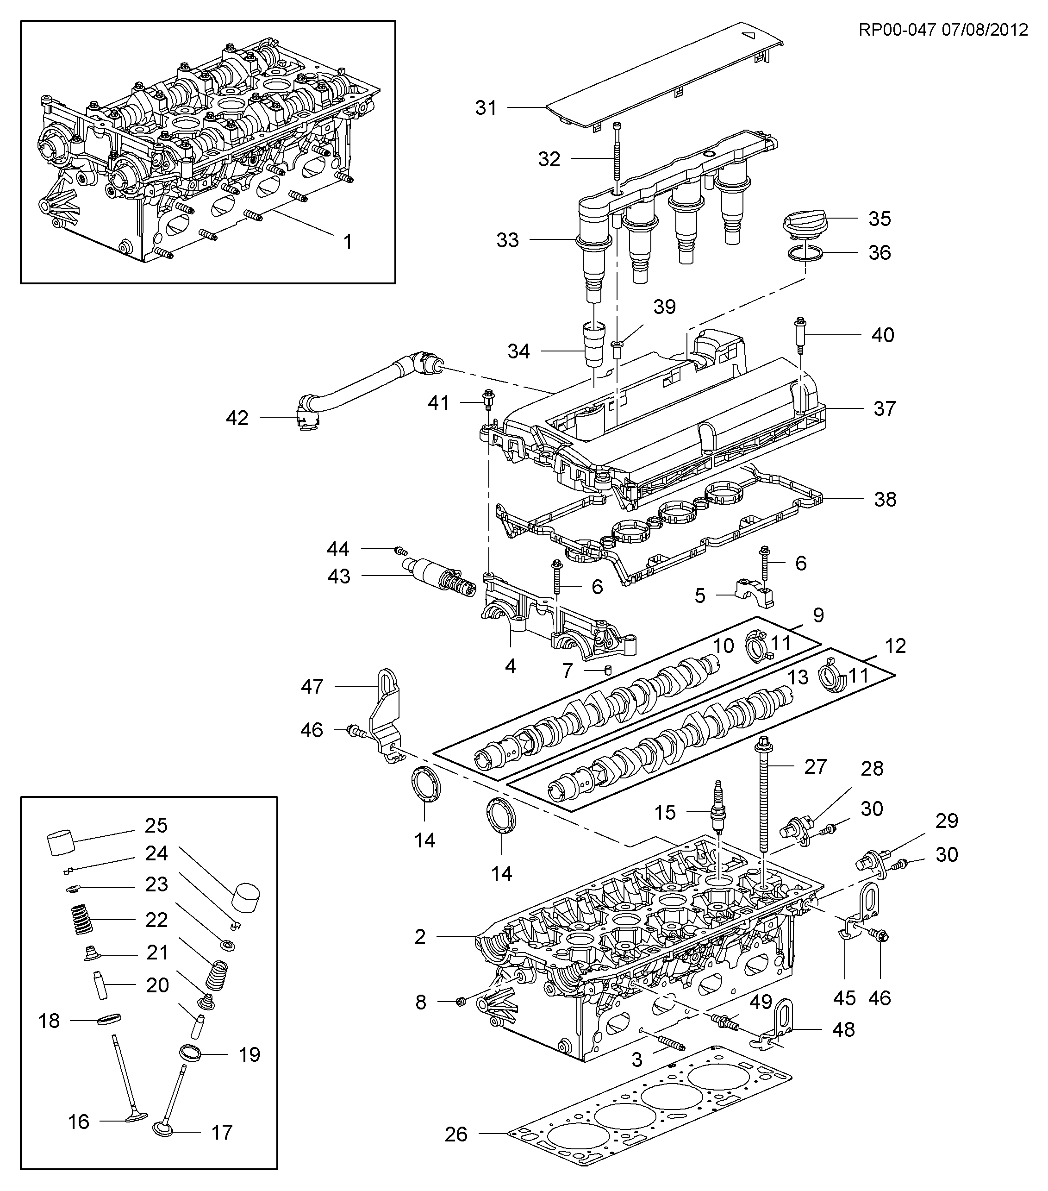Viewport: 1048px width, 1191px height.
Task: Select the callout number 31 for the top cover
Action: [x=486, y=108]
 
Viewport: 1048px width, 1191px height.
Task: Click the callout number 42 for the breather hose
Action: [x=237, y=418]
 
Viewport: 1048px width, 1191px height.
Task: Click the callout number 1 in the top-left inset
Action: [x=348, y=241]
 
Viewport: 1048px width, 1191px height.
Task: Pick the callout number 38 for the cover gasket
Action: [x=885, y=499]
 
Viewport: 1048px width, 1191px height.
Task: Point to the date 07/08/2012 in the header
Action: [x=985, y=30]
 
